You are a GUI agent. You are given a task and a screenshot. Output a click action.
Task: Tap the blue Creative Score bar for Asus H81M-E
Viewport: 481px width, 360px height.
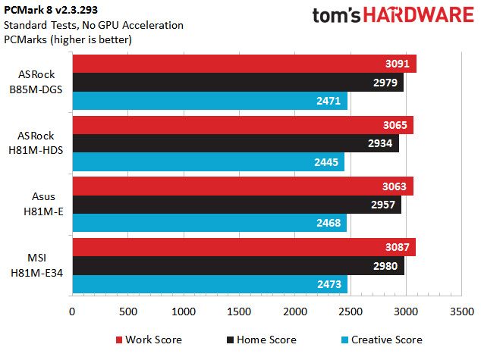click(x=209, y=223)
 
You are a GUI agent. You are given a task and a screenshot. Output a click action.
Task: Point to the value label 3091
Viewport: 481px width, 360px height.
click(x=397, y=64)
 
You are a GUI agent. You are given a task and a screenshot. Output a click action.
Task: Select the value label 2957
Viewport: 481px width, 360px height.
click(x=382, y=205)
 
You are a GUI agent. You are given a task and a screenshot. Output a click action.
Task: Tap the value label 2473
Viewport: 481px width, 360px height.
click(x=329, y=285)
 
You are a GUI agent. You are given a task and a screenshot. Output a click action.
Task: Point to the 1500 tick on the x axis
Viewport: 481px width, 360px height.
click(x=239, y=311)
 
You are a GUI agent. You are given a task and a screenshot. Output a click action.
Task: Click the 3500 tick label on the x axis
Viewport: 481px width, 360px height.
click(x=461, y=311)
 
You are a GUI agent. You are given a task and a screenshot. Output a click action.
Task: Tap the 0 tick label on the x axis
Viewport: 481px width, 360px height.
click(x=72, y=311)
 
